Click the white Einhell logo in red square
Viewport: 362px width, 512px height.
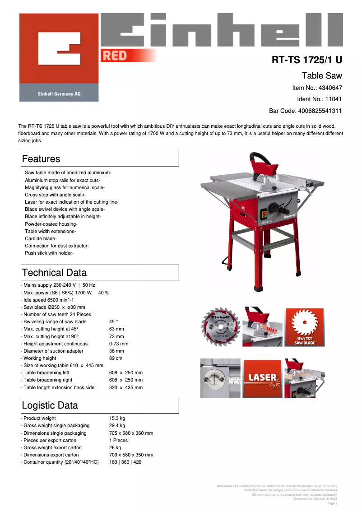[59, 48]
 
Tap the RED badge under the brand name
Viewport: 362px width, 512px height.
[115, 56]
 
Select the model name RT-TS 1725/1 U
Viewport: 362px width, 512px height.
[306, 60]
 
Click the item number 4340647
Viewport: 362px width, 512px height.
[330, 88]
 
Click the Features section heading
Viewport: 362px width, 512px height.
[41, 159]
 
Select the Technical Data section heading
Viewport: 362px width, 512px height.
[54, 273]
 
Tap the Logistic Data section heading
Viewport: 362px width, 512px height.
[50, 405]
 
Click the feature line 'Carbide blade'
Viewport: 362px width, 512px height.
[41, 238]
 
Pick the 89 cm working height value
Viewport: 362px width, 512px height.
[116, 358]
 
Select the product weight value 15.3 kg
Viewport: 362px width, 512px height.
[117, 419]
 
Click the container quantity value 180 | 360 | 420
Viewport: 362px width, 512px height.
[125, 462]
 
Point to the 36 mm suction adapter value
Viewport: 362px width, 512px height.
[116, 351]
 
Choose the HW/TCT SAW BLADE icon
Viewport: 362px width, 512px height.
[304, 327]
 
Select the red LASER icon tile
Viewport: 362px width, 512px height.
[262, 378]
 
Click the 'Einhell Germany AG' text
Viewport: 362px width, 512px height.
[59, 94]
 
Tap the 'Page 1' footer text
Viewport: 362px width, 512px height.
[332, 503]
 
